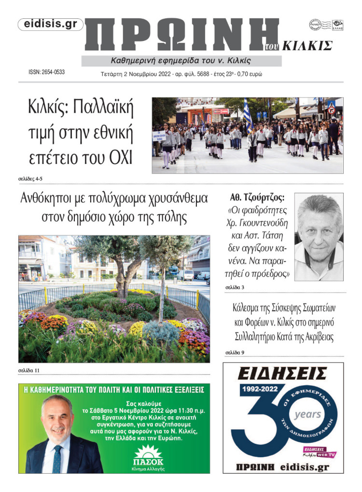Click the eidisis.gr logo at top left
(50, 25)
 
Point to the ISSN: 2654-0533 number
(47, 72)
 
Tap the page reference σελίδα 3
(235, 287)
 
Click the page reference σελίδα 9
(235, 353)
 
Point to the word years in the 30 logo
(307, 414)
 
